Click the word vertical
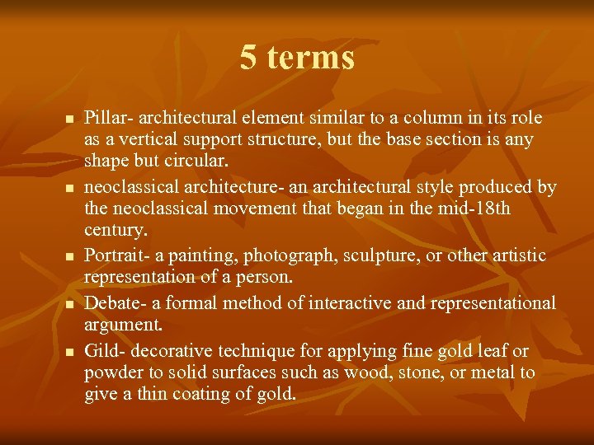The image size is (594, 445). point(140,139)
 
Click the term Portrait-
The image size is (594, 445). point(118,256)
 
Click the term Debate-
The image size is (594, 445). point(115,304)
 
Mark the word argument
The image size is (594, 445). point(121,326)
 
